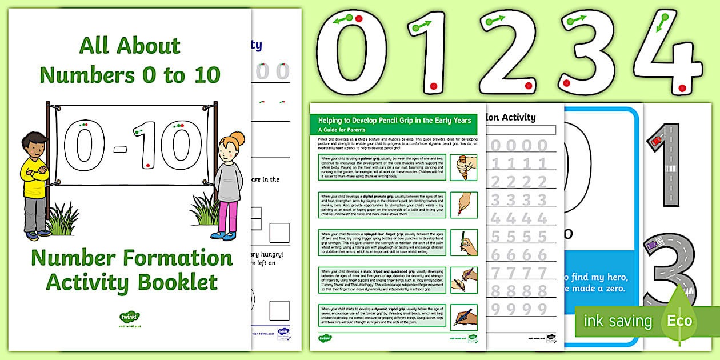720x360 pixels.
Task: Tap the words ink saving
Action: (617, 321)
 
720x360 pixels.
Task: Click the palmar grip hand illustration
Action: (463, 167)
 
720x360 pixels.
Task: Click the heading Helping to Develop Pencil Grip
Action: (394, 120)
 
